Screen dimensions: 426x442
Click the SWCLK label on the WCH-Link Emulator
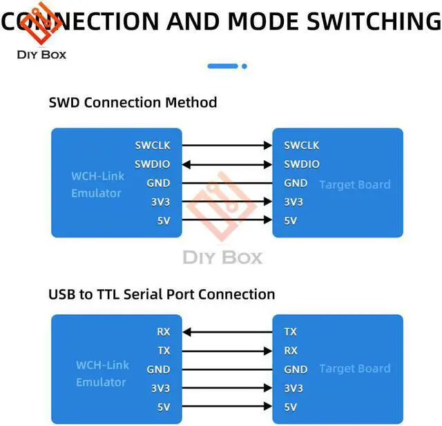[153, 146]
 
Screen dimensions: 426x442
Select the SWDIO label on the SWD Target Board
[302, 164]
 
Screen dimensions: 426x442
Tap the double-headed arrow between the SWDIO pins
[227, 164]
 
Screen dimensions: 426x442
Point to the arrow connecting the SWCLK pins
[227, 146]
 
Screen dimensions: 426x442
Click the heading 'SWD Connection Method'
[133, 103]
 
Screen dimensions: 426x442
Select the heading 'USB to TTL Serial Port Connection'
[162, 294]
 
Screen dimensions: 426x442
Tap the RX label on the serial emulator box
[163, 332]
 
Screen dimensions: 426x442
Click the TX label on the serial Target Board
[291, 332]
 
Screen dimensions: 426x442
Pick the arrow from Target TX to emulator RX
[227, 332]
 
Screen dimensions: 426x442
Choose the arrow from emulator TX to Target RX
[227, 351]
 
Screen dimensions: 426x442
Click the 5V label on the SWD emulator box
[163, 221]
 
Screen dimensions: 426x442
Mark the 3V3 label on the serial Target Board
[294, 388]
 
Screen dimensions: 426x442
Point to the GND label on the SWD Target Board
[296, 183]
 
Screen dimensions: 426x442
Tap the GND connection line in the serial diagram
[227, 369]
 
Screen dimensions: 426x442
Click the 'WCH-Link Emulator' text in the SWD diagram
[97, 184]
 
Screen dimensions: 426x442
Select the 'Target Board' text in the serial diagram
[354, 369]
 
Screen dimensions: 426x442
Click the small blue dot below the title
[244, 66]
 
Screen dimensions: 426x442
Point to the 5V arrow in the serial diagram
[227, 407]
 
